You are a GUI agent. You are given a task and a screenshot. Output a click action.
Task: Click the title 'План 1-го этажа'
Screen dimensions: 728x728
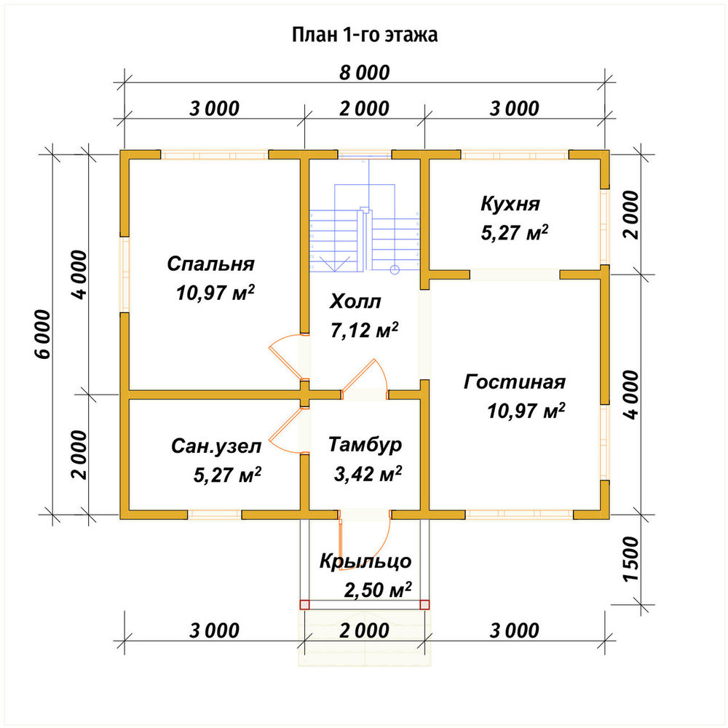tap(365, 35)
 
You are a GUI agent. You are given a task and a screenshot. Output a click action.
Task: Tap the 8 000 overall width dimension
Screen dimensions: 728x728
tap(365, 73)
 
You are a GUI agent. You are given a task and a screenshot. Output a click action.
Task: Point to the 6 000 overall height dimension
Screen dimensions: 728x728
tap(43, 334)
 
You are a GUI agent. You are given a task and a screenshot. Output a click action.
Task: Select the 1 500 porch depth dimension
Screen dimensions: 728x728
tap(631, 559)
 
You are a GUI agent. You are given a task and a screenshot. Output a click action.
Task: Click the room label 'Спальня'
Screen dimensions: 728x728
tap(211, 264)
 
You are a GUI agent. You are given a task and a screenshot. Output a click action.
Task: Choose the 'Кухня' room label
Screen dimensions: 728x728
tap(510, 204)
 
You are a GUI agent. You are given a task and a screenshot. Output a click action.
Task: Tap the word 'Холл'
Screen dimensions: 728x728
tap(355, 301)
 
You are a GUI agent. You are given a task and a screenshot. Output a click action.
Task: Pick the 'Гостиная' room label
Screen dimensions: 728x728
tap(515, 381)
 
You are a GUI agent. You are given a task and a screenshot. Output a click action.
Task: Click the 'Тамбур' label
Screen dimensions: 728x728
tap(365, 444)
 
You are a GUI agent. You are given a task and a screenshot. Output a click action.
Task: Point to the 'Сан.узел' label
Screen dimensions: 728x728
tap(216, 446)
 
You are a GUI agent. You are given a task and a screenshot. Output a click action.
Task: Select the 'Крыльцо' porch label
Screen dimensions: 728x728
tap(365, 561)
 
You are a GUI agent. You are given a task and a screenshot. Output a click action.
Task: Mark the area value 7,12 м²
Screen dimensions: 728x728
tap(365, 330)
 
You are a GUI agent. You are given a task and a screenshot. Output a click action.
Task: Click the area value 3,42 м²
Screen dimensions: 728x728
tap(368, 474)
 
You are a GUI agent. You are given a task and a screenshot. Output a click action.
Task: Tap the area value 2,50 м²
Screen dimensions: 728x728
tap(377, 590)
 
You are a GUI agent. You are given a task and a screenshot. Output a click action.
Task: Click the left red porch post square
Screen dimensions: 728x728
tap(304, 604)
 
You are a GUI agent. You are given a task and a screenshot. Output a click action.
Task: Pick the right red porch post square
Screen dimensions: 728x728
tap(424, 604)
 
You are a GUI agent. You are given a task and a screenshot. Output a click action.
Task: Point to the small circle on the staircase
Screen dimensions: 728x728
tap(394, 269)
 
